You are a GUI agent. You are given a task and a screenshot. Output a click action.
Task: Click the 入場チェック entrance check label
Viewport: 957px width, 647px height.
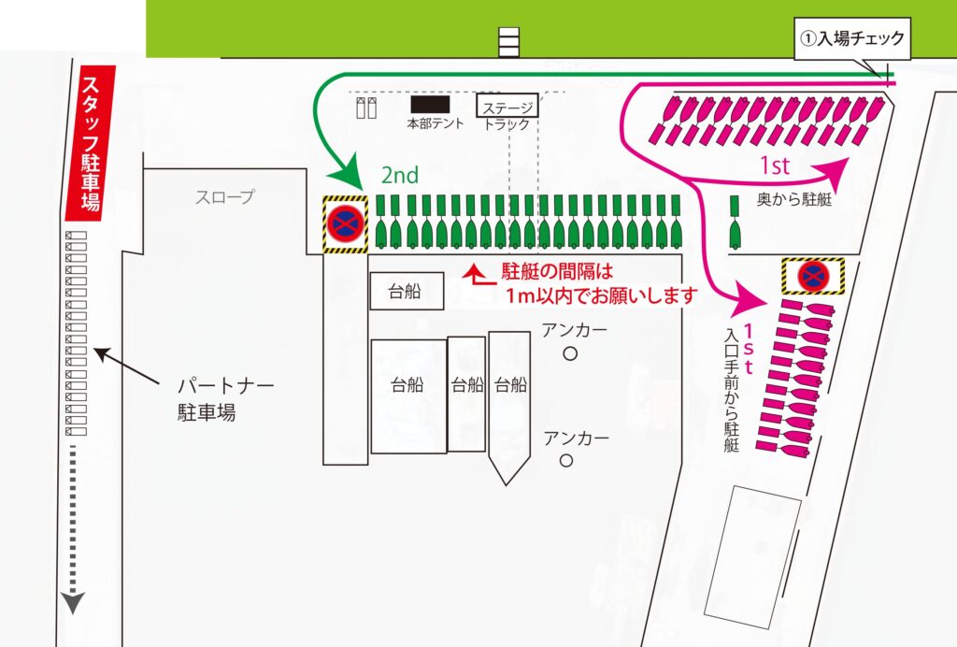850,38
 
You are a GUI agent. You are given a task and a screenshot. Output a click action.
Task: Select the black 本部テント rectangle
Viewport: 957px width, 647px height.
430,105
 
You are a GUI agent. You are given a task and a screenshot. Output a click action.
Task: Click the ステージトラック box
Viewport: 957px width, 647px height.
507,106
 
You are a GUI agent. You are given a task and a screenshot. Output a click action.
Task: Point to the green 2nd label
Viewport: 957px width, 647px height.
399,175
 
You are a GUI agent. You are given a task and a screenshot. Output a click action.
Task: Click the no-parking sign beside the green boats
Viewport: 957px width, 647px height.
345,224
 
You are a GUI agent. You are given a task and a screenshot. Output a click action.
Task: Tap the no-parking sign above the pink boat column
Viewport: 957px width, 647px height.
813,275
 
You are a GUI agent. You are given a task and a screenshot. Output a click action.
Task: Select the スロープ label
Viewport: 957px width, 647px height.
225,197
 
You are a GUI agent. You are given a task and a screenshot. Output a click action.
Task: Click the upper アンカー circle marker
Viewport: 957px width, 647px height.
570,353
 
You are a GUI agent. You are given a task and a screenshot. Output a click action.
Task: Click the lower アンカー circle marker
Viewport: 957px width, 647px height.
565,461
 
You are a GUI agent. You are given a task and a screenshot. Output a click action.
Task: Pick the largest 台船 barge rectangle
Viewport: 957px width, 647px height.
408,396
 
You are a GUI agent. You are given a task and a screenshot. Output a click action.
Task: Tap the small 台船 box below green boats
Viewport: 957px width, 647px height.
407,291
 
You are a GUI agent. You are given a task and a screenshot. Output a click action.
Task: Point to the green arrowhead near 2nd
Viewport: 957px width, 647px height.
351,178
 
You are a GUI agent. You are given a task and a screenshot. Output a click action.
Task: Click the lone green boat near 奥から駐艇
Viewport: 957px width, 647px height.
735,229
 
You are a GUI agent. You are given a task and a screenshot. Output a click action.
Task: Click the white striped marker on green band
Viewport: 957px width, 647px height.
508,42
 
